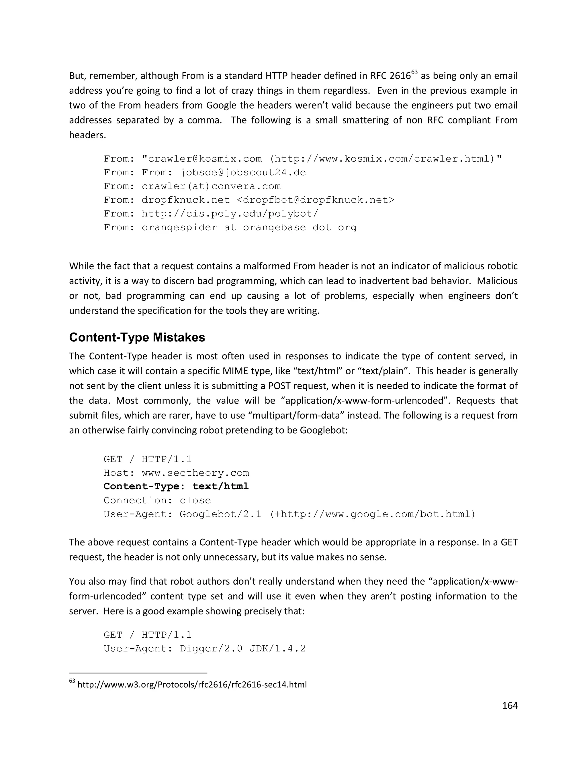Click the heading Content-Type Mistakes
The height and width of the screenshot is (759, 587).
click(137, 337)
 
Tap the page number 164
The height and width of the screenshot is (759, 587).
click(510, 705)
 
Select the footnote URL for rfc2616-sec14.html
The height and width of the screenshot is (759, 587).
click(192, 685)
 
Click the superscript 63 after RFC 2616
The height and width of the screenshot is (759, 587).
click(414, 72)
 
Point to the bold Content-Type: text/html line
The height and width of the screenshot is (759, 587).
click(176, 486)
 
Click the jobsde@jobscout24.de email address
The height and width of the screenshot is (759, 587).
click(243, 173)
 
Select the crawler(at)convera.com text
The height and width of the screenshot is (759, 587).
click(211, 186)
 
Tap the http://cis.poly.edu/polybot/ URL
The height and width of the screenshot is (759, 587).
click(230, 214)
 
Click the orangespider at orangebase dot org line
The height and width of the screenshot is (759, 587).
click(230, 228)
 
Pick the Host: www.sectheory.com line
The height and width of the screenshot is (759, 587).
click(176, 473)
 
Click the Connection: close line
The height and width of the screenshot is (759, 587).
click(157, 500)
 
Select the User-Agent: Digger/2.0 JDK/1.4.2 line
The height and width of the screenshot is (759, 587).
click(204, 648)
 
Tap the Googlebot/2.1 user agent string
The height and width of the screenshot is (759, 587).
click(220, 514)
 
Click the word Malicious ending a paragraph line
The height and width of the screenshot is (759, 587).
click(497, 281)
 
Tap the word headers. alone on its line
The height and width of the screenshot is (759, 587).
click(87, 135)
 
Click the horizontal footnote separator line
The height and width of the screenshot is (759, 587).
click(138, 673)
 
